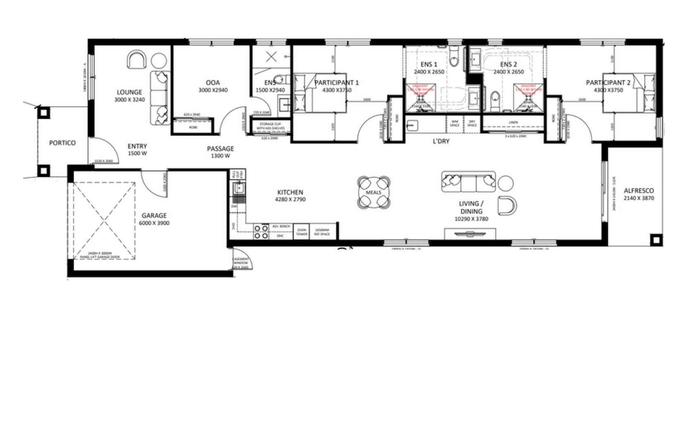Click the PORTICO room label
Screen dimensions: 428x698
tap(62, 143)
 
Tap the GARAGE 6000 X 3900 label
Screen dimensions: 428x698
tap(154, 219)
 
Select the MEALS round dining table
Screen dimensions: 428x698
tap(374, 192)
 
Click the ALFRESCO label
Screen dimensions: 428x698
tap(639, 194)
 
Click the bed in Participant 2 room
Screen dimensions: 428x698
tap(629, 93)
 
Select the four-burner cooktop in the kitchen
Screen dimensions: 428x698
tap(261, 232)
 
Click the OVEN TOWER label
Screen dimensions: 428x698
tap(301, 232)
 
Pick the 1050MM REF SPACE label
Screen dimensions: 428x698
tap(322, 232)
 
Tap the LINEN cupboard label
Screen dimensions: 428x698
tap(513, 122)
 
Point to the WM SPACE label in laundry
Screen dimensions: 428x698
tap(454, 123)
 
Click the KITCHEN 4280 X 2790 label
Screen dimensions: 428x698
tap(290, 195)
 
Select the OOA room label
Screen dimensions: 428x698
tap(213, 86)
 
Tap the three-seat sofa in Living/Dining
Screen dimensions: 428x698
tap(469, 182)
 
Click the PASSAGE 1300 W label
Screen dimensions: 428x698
tap(220, 152)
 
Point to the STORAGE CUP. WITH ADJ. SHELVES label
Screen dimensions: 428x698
tap(270, 126)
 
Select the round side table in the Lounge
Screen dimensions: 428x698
tap(159, 61)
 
